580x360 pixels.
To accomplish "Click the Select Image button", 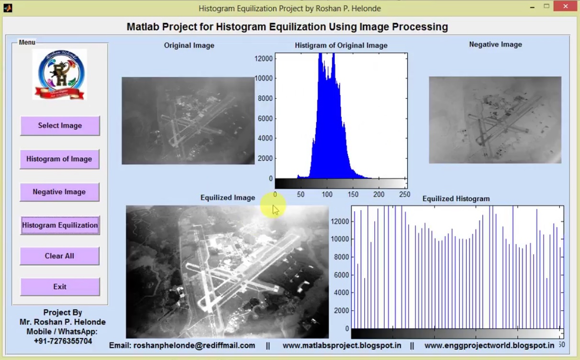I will pos(60,125).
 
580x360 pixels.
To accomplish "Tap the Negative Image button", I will pos(59,191).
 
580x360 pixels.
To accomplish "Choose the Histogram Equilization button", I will pos(60,225).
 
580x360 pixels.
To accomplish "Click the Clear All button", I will pos(59,256).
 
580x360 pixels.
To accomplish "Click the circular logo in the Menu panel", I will pos(60,74).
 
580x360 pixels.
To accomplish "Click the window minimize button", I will pos(532,7).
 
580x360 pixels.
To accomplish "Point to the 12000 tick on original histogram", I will pos(264,58).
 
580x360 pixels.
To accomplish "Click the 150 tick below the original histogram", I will pos(353,194).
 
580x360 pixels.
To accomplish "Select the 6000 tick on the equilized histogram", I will pos(340,275).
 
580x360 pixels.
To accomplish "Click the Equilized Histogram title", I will pos(456,199).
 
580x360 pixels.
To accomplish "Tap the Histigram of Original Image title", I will pos(341,45).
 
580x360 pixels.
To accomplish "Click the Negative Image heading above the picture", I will pos(495,45).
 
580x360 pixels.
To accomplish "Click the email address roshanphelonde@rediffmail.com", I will pos(194,345).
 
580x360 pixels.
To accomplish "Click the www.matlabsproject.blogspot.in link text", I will pos(342,345).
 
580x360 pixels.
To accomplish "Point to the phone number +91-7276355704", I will pos(63,341).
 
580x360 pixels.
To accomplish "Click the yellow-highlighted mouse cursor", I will pos(273,208).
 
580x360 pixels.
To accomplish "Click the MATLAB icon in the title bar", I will pos(8,7).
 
